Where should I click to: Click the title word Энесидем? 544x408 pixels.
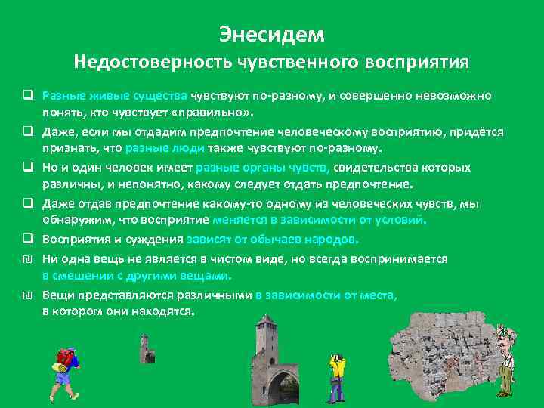pyautogui.click(x=271, y=35)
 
